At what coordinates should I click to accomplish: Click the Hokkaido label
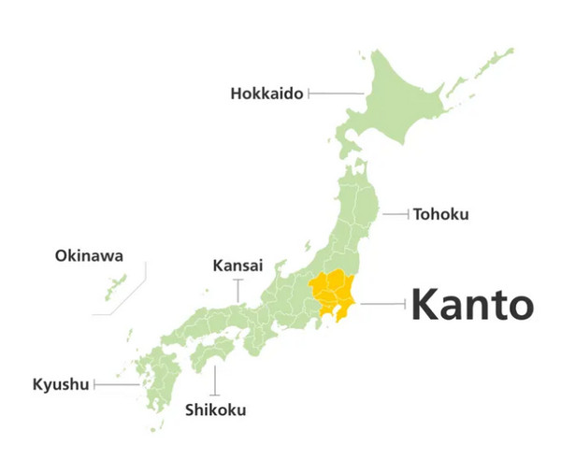pyautogui.click(x=266, y=93)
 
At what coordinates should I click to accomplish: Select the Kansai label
pyautogui.click(x=237, y=265)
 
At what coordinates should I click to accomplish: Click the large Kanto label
pyautogui.click(x=473, y=305)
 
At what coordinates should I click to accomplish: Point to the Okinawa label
pyautogui.click(x=89, y=255)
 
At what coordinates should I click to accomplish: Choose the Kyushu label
pyautogui.click(x=61, y=384)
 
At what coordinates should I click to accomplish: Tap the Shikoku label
pyautogui.click(x=216, y=410)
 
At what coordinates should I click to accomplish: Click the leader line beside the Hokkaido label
pyautogui.click(x=335, y=93)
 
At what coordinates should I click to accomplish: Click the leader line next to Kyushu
pyautogui.click(x=117, y=384)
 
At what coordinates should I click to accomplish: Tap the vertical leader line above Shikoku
pyautogui.click(x=216, y=379)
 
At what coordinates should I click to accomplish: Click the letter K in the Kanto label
pyautogui.click(x=424, y=305)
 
